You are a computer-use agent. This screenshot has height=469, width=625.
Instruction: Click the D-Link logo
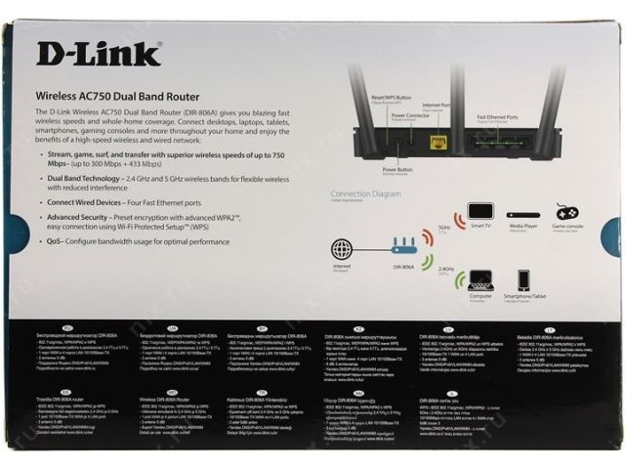(x=99, y=54)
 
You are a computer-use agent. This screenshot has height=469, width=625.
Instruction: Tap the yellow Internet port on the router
(x=438, y=143)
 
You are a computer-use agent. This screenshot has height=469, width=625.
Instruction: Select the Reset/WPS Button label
(x=389, y=100)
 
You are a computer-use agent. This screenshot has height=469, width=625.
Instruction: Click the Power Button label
(x=397, y=170)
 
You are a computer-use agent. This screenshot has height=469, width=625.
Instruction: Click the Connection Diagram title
(x=365, y=193)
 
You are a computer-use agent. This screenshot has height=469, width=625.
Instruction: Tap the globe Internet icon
(x=342, y=248)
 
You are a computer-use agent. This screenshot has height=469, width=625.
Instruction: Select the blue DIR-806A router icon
(x=403, y=247)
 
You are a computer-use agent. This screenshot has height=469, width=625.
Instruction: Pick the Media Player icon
(x=522, y=214)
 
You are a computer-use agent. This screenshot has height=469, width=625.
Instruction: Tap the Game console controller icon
(x=567, y=212)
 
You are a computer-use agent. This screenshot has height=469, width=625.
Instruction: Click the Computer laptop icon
(x=480, y=280)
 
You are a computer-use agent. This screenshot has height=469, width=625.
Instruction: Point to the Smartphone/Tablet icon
(x=523, y=280)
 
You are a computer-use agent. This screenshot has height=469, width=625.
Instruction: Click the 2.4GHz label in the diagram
(x=446, y=267)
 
